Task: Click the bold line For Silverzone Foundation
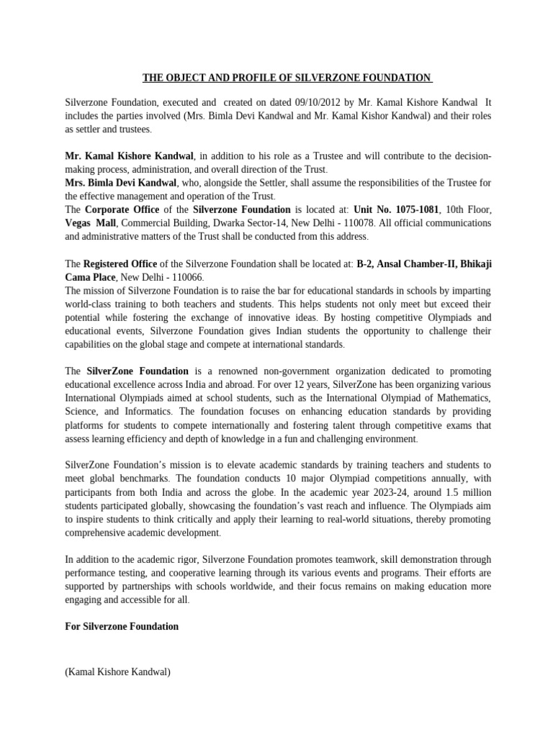click(x=122, y=626)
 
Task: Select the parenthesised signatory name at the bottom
click(x=117, y=672)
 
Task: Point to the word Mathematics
click(x=460, y=398)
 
